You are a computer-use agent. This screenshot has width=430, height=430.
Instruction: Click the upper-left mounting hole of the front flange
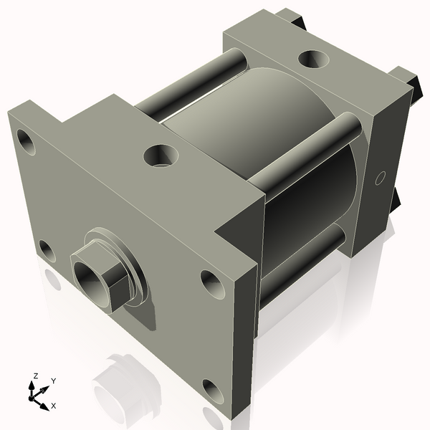point(27,143)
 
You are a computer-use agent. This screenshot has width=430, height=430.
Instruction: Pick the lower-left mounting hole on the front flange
point(47,251)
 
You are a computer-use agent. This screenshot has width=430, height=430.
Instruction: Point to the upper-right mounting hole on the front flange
point(212,283)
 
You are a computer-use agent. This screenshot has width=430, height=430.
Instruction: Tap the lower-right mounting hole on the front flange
point(213,391)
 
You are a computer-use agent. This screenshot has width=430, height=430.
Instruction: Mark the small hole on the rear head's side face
point(381,176)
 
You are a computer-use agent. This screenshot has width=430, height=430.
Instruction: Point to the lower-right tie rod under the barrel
point(301,262)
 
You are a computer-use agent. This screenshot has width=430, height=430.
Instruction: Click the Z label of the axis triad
point(36,376)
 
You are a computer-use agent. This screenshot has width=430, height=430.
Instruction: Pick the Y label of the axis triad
point(53,381)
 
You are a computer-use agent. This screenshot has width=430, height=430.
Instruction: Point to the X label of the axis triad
point(53,406)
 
